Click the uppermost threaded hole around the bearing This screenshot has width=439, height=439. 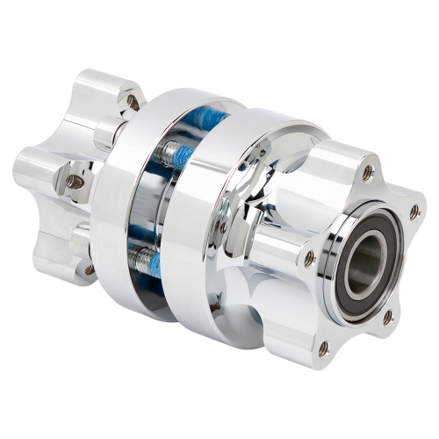pos(366,173)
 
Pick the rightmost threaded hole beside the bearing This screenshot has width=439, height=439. pos(414,211)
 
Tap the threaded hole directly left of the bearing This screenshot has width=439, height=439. pos(308,257)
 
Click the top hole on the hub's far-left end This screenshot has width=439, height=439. pos(133,102)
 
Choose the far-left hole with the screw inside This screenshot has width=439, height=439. pos(76,182)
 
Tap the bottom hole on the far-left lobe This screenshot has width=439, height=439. pos(89,269)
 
